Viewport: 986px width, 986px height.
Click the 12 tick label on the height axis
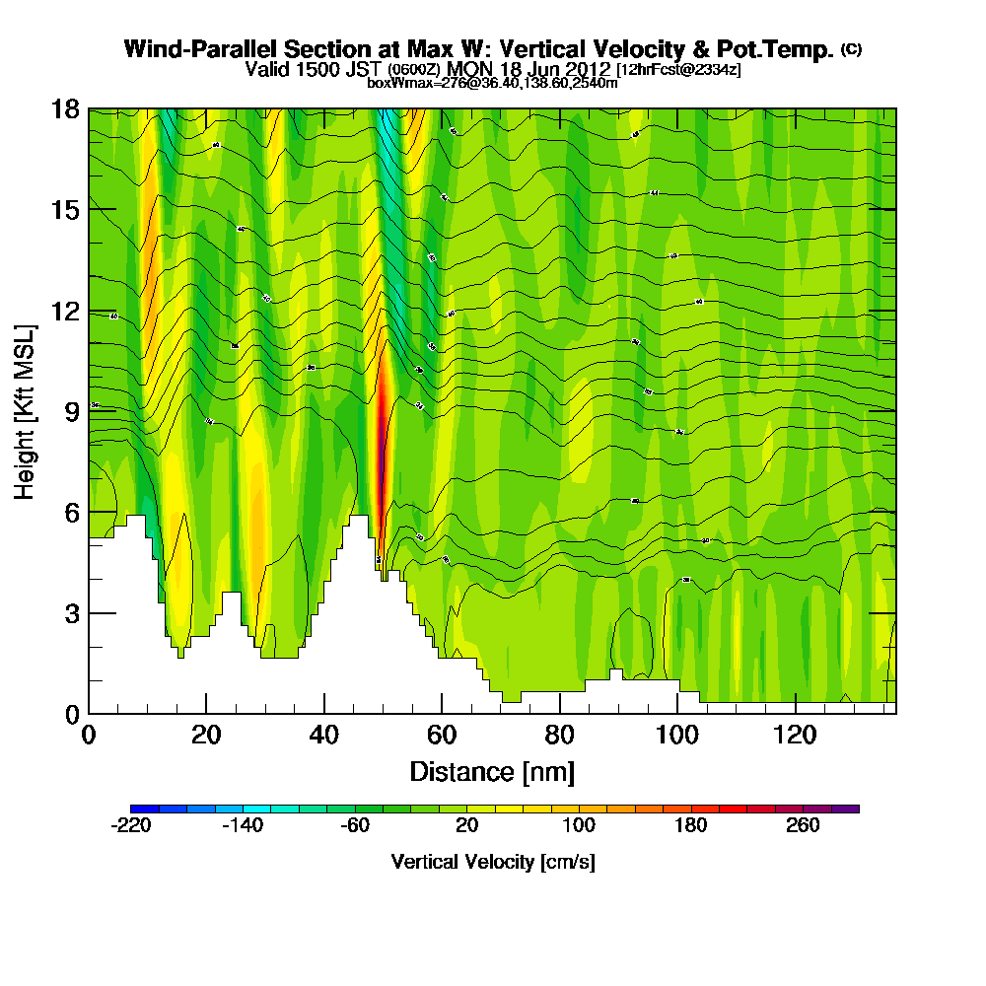click(x=66, y=312)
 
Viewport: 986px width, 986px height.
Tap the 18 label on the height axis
click(x=66, y=109)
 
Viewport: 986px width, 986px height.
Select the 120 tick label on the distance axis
click(x=795, y=736)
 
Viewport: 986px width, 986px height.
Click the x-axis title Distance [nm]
click(x=492, y=771)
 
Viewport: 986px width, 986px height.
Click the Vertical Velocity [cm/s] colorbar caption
click(x=493, y=862)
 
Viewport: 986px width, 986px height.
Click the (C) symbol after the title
click(x=852, y=49)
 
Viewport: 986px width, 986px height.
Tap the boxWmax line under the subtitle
click(x=492, y=83)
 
